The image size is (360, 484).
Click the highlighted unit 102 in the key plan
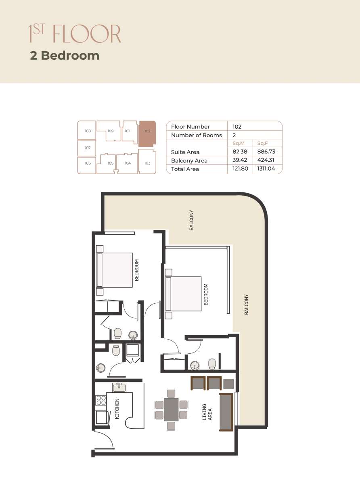(x=147, y=134)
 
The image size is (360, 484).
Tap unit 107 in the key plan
(x=87, y=148)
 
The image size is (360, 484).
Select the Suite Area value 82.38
(x=240, y=151)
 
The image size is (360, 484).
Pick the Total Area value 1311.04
(x=266, y=169)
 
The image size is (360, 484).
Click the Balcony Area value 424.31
(x=266, y=160)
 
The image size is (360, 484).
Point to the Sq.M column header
(x=239, y=143)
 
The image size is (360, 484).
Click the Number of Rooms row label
(x=197, y=135)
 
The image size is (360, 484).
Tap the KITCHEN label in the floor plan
(x=117, y=409)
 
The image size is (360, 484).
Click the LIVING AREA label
(x=207, y=412)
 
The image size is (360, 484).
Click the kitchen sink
(x=119, y=387)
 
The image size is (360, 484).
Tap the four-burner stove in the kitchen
(x=101, y=400)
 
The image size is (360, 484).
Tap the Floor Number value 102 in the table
(x=237, y=127)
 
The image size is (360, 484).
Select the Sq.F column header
(x=262, y=143)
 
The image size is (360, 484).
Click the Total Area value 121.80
(x=240, y=169)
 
